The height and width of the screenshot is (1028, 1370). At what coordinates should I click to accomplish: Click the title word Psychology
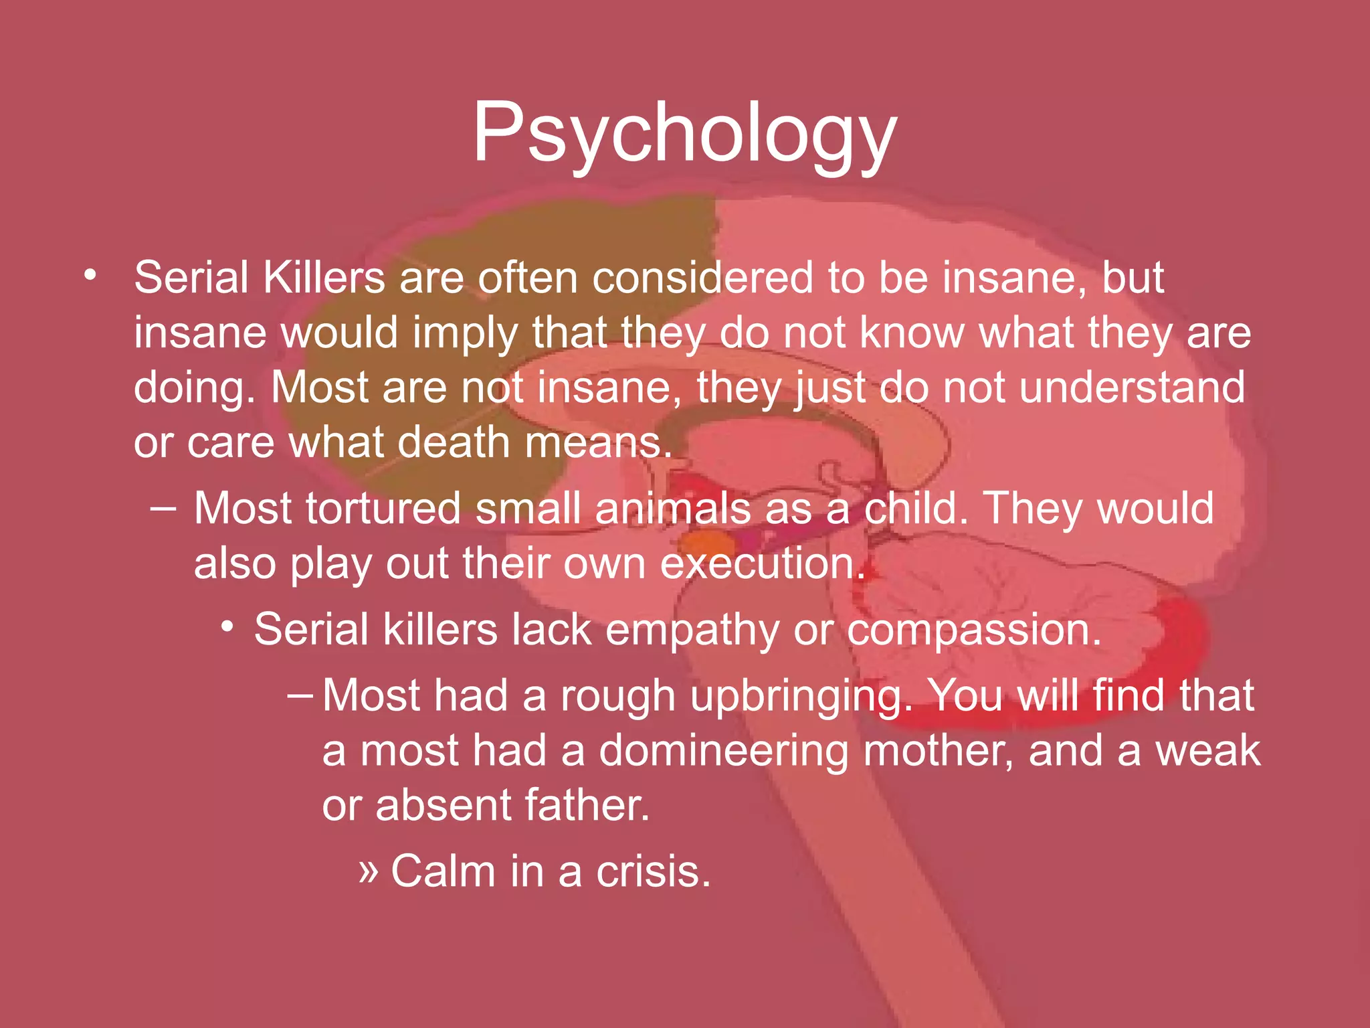(x=684, y=134)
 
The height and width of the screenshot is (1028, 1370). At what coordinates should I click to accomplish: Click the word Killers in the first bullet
(x=324, y=278)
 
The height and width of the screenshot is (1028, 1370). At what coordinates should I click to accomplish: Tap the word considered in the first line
(x=702, y=278)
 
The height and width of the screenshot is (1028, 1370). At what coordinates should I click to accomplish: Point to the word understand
(x=1132, y=388)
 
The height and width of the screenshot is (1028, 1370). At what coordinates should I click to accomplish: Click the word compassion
(x=973, y=630)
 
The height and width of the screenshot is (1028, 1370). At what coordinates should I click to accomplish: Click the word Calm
(x=443, y=871)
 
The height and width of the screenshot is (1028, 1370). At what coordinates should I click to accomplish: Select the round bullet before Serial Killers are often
(x=90, y=275)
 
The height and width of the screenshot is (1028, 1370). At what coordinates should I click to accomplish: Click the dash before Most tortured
(x=163, y=508)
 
